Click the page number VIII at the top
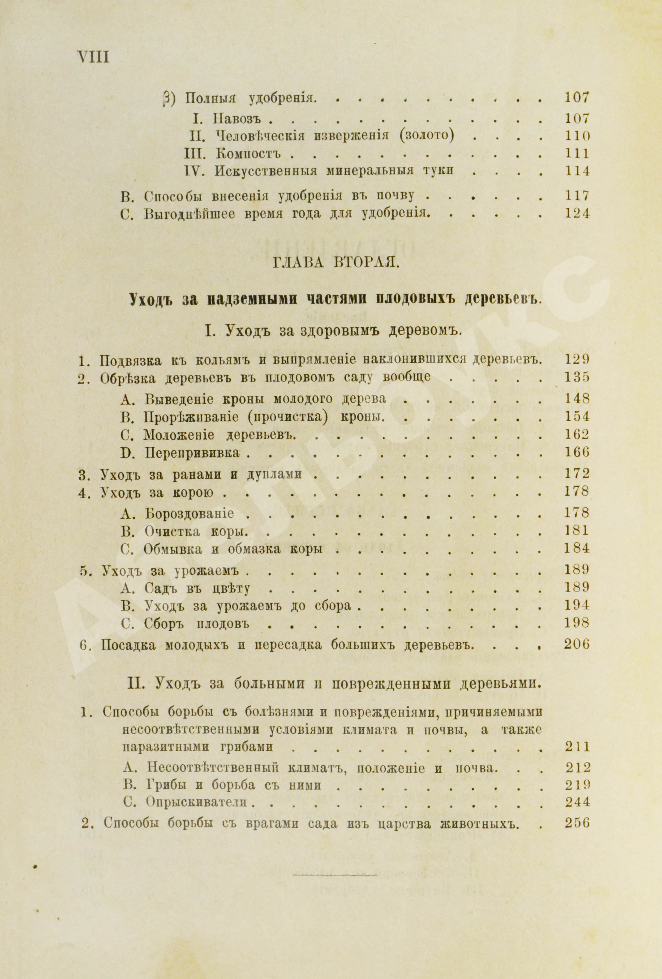tap(92, 57)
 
